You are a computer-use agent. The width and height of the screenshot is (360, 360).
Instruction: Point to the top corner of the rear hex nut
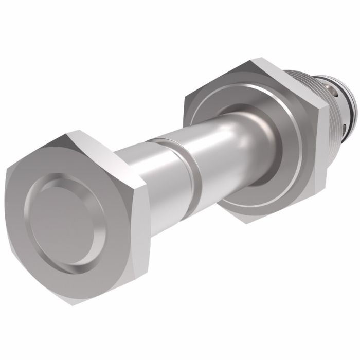[253, 61]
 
